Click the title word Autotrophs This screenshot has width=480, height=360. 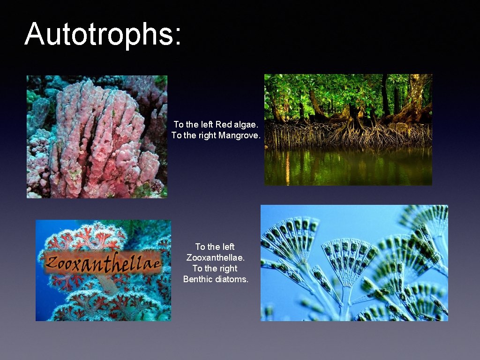point(98,34)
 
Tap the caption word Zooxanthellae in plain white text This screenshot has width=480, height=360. point(216,257)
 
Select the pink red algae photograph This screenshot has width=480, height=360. point(97,136)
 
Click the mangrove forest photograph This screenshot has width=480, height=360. point(348,129)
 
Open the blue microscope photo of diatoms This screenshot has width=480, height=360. point(354,262)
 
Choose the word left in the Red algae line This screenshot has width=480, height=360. point(206,125)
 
